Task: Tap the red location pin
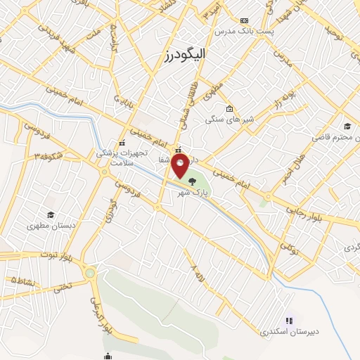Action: (181, 167)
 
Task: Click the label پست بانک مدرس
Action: (243, 32)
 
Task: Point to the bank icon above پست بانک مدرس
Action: (244, 20)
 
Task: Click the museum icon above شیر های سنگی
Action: (230, 108)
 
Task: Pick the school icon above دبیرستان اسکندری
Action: (289, 320)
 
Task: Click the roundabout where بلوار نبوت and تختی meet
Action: (89, 273)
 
